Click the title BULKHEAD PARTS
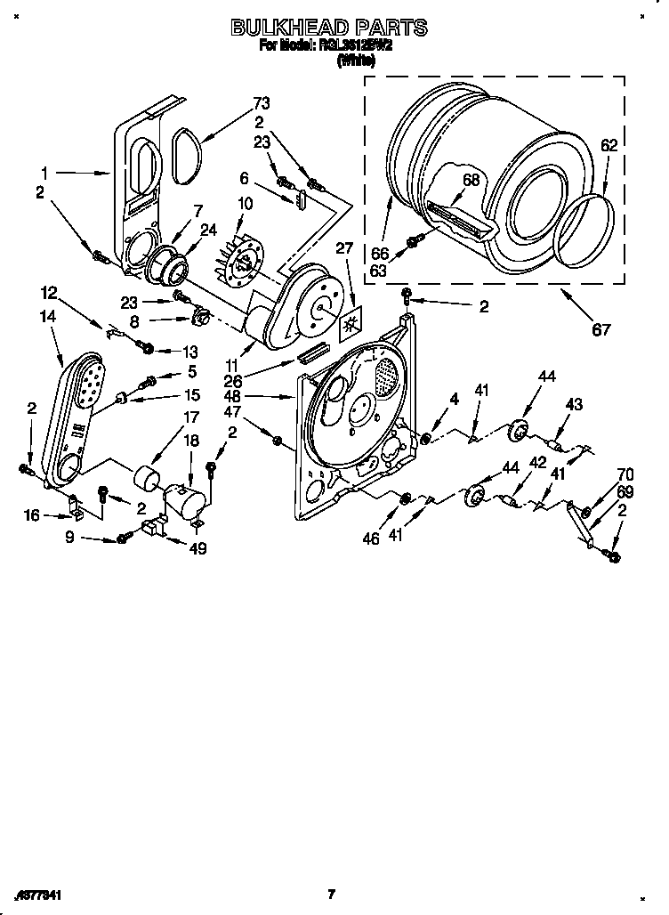[329, 28]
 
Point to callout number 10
[245, 204]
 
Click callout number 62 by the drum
[609, 144]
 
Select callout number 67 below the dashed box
[601, 330]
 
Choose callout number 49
[197, 549]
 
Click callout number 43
[574, 405]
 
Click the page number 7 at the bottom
[330, 894]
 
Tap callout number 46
[371, 538]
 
